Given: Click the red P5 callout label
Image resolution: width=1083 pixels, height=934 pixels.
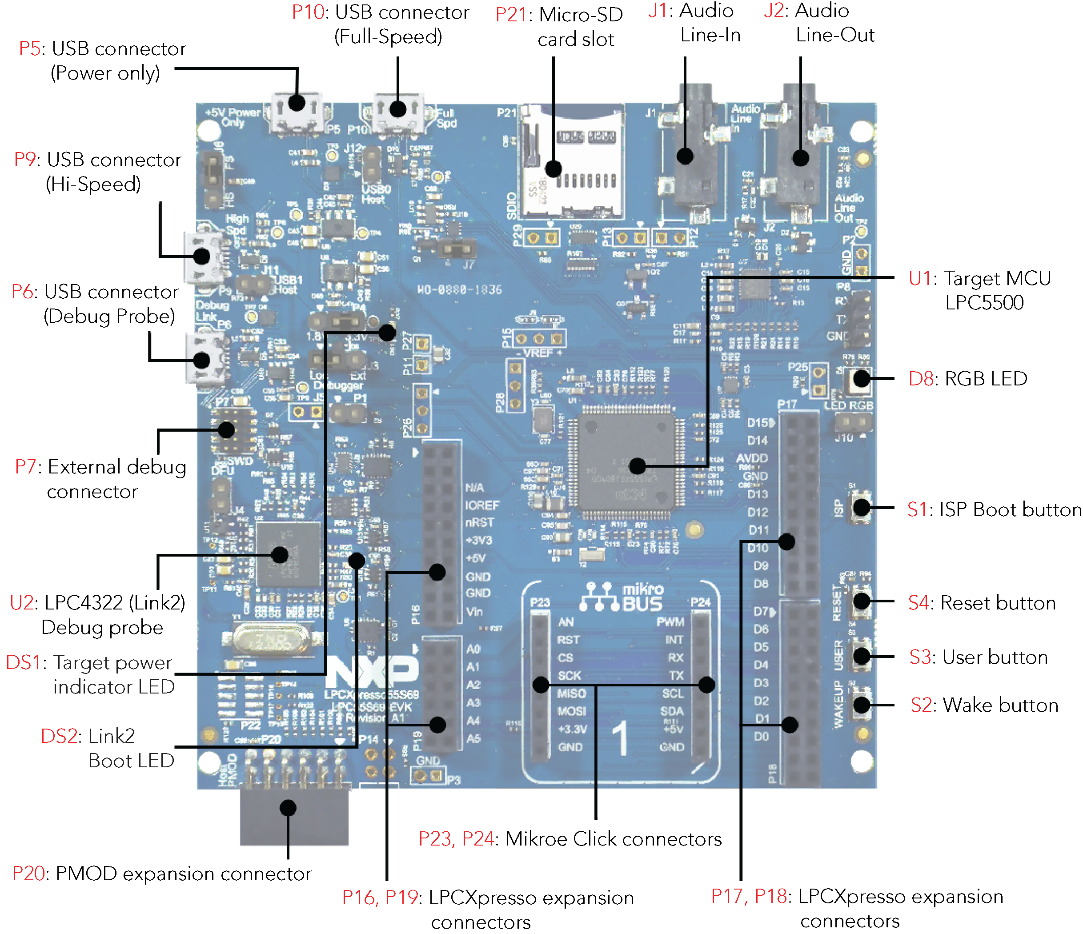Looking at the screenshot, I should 29,48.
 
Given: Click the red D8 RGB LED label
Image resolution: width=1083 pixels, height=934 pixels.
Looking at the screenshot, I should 919,379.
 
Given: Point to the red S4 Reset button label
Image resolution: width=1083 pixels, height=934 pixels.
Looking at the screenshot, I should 919,603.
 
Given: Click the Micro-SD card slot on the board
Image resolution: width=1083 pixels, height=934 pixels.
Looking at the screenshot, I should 572,162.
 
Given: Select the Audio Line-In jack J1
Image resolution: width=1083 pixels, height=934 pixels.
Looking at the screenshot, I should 690,157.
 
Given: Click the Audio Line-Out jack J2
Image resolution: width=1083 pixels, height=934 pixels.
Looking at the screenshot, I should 797,157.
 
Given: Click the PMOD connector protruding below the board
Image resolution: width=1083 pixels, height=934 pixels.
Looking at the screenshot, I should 294,815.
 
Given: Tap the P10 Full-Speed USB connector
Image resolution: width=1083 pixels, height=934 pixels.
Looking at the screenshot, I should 398,112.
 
